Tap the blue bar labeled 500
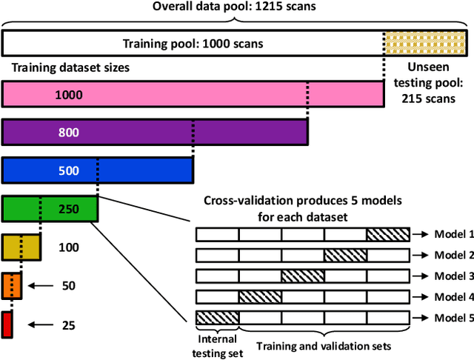[x=97, y=170]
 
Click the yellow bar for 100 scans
[x=21, y=247]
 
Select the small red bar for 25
[x=7, y=324]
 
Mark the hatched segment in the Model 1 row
[x=387, y=235]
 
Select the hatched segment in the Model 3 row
[x=302, y=276]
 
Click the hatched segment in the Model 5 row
[x=217, y=318]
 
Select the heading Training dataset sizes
[x=70, y=67]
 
